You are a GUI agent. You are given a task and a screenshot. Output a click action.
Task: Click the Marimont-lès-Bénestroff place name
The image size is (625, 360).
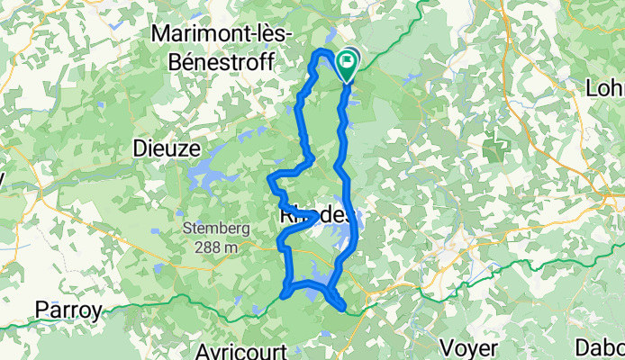[x=229, y=33]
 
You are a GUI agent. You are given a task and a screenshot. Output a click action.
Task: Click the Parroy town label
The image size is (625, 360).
[x=67, y=310]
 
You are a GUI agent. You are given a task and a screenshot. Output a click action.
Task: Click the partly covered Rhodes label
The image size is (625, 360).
[x=315, y=217]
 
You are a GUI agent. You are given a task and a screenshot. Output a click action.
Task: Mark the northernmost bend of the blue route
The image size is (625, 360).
[x=322, y=53]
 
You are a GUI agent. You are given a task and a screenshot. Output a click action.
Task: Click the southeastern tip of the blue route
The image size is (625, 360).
[x=343, y=310]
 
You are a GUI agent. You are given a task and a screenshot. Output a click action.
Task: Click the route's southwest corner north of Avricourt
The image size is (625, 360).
[x=285, y=292]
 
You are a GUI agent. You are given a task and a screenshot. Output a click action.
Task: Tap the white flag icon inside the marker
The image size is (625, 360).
[x=347, y=61]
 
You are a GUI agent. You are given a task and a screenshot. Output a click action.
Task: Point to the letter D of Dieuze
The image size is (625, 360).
[x=140, y=148]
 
